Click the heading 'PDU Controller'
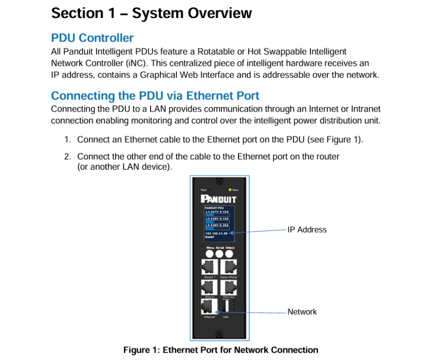point(92,38)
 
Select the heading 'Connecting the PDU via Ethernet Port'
point(155,96)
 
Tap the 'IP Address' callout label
point(307,230)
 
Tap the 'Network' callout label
point(302,312)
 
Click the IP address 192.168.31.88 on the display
point(216,233)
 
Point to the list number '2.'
point(68,156)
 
